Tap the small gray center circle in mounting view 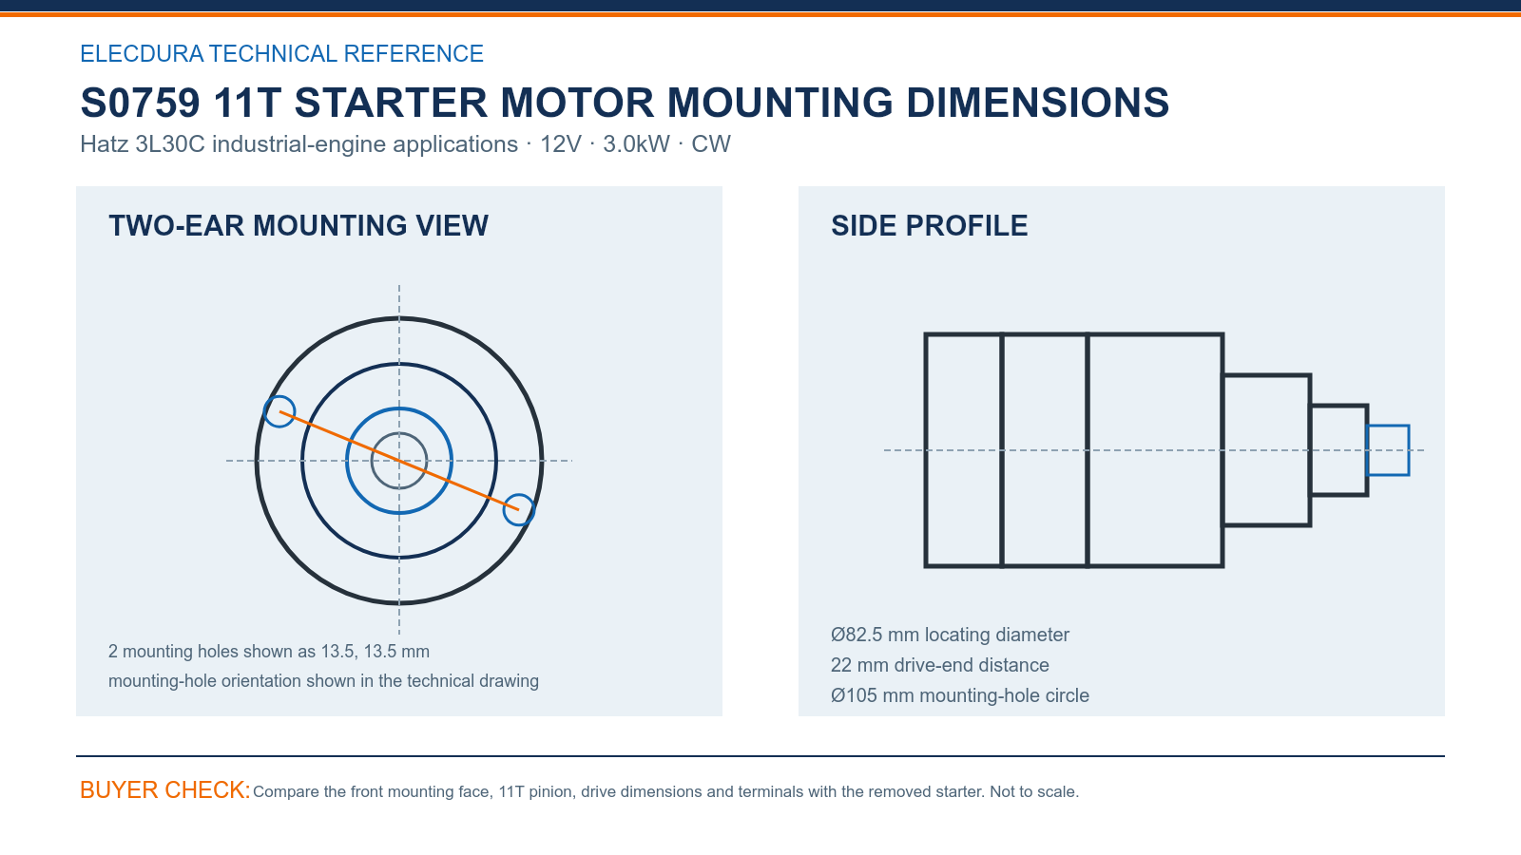pyautogui.click(x=399, y=433)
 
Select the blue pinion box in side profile pyautogui.click(x=1388, y=426)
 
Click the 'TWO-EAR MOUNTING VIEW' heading pyautogui.click(x=298, y=226)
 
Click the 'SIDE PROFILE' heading pyautogui.click(x=929, y=226)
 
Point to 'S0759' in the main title pyautogui.click(x=140, y=104)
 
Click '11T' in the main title pyautogui.click(x=247, y=104)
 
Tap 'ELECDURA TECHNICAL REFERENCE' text pyautogui.click(x=281, y=53)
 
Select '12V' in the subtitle pyautogui.click(x=561, y=144)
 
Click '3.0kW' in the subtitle pyautogui.click(x=636, y=144)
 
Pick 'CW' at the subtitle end pyautogui.click(x=711, y=144)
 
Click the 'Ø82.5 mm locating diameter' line pyautogui.click(x=950, y=635)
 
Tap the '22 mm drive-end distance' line pyautogui.click(x=940, y=665)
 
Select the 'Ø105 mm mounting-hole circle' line pyautogui.click(x=960, y=695)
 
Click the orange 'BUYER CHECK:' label pyautogui.click(x=165, y=790)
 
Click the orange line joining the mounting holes pyautogui.click(x=399, y=461)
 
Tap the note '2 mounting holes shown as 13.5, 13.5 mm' pyautogui.click(x=269, y=652)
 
